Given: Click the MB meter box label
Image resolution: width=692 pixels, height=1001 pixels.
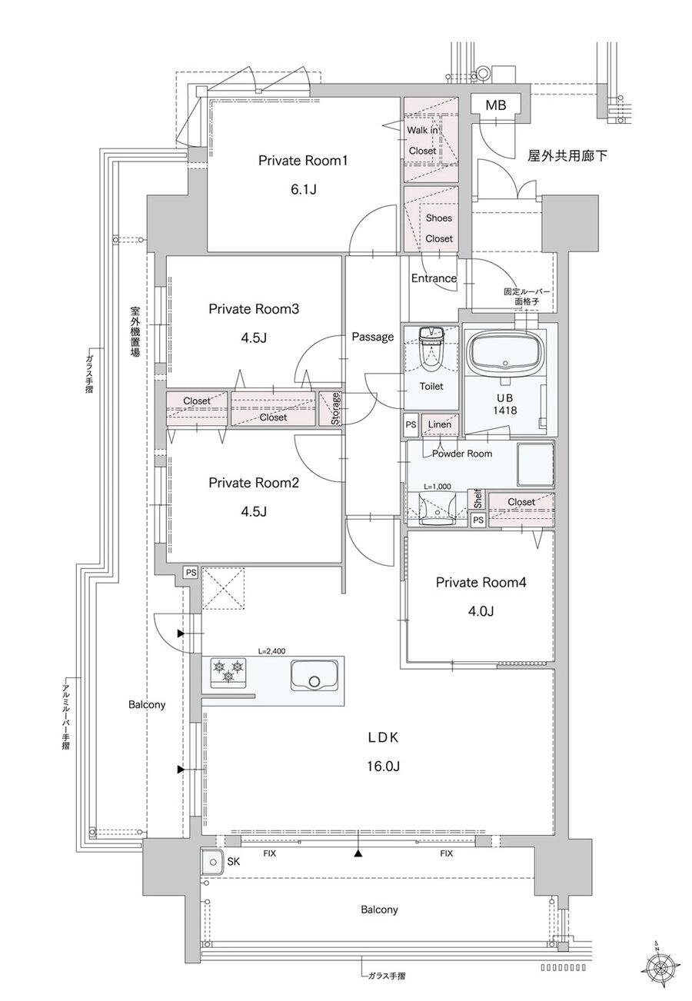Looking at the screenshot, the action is [x=496, y=105].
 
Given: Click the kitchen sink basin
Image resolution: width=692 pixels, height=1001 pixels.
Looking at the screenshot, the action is [x=314, y=677].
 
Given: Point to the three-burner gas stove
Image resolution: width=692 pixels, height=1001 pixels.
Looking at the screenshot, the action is [x=229, y=673].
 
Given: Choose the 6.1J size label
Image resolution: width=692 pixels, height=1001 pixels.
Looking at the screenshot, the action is [x=304, y=190].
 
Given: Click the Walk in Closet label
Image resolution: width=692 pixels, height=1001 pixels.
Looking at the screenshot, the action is [x=422, y=141].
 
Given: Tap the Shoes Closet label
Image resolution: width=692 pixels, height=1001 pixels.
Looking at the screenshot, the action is [x=438, y=228].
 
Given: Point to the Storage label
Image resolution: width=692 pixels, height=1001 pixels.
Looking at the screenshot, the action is [x=335, y=408].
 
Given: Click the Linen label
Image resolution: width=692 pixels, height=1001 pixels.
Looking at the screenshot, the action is [x=440, y=424].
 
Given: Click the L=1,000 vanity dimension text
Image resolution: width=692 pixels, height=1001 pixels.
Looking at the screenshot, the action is [x=437, y=487].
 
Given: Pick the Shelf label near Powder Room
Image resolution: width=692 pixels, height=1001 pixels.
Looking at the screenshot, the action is [x=478, y=499].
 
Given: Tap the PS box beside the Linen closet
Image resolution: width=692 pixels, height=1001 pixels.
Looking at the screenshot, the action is [x=411, y=424].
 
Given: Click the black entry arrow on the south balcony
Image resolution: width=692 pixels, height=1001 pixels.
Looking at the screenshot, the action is [x=358, y=853].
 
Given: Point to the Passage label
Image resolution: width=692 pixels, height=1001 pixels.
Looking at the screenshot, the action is [x=373, y=337].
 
